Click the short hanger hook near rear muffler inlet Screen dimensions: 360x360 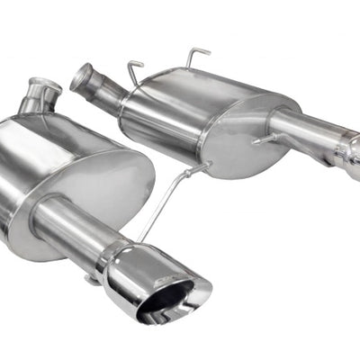tap(135, 72)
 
